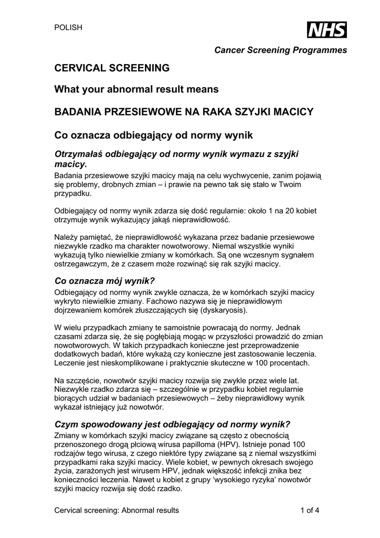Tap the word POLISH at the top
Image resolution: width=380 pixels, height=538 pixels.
68,28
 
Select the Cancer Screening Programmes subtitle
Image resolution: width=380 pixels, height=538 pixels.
280,50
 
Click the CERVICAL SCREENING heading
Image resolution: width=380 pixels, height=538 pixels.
112,68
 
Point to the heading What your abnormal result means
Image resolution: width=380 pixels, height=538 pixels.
136,90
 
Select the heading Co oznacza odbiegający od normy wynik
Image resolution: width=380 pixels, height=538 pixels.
154,135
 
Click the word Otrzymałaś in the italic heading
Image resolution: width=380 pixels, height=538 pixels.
79,154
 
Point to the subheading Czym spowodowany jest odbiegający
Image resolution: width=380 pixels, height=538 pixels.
173,424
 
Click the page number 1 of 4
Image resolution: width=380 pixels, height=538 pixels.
310,510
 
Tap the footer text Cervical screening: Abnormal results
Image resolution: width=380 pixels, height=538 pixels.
117,510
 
